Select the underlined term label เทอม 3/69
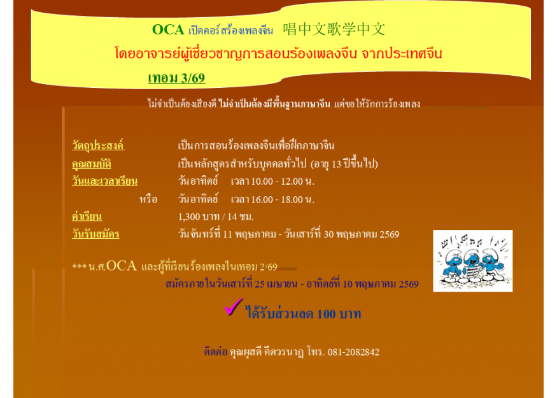click(176, 78)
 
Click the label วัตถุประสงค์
click(98, 146)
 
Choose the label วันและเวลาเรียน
click(104, 181)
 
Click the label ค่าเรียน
click(87, 217)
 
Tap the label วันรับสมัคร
click(95, 234)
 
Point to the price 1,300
click(189, 217)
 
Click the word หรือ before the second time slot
click(148, 199)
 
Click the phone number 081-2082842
click(353, 352)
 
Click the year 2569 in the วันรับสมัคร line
click(389, 234)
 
